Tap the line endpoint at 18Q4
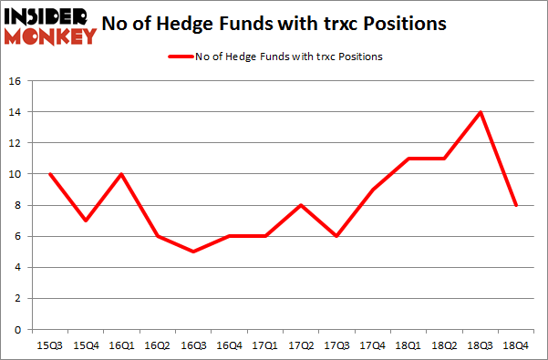pos(516,205)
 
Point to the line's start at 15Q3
pos(50,174)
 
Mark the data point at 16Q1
pos(121,174)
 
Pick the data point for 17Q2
pos(300,205)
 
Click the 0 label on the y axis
pos(17,329)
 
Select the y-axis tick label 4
pos(17,267)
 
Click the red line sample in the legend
pos(179,57)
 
